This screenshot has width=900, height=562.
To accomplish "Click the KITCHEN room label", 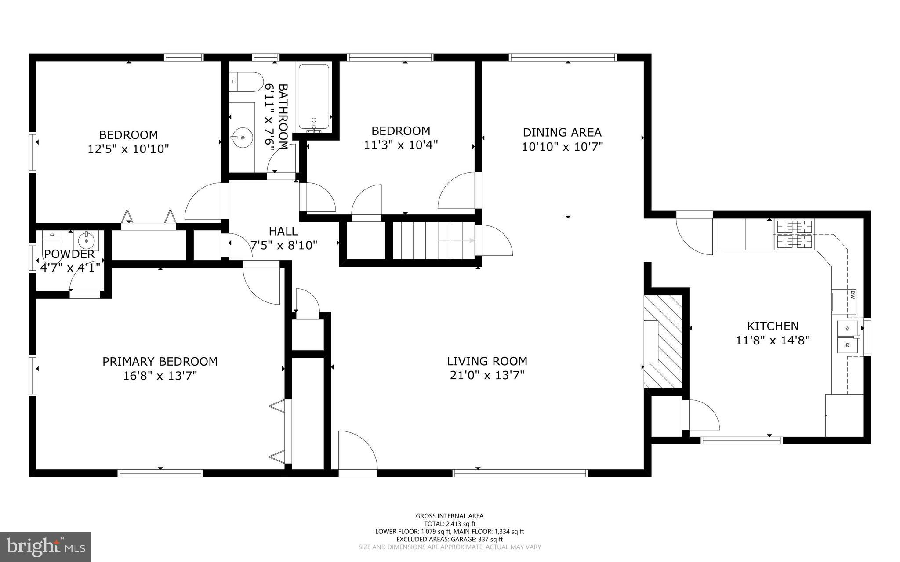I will pyautogui.click(x=773, y=326).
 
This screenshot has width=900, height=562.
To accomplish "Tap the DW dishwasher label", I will pyautogui.click(x=852, y=295).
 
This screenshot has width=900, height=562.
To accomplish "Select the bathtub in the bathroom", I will pyautogui.click(x=314, y=96).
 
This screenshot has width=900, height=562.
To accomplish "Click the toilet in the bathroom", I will pyautogui.click(x=246, y=82).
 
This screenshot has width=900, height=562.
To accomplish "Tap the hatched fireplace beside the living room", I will pyautogui.click(x=663, y=341).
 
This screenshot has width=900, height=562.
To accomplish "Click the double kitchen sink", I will pyautogui.click(x=847, y=337).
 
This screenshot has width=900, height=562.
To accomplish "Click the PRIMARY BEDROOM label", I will pyautogui.click(x=160, y=362).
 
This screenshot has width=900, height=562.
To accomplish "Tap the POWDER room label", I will pyautogui.click(x=69, y=254).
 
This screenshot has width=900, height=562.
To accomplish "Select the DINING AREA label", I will pyautogui.click(x=562, y=132).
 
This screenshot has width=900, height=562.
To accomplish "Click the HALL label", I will pyautogui.click(x=283, y=231).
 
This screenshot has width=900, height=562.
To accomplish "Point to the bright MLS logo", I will pyautogui.click(x=46, y=547).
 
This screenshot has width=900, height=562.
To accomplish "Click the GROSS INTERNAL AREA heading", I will pyautogui.click(x=449, y=516).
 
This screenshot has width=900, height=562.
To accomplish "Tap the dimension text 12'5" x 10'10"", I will pyautogui.click(x=128, y=149).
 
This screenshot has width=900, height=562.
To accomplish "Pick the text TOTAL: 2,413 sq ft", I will pyautogui.click(x=449, y=524).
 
